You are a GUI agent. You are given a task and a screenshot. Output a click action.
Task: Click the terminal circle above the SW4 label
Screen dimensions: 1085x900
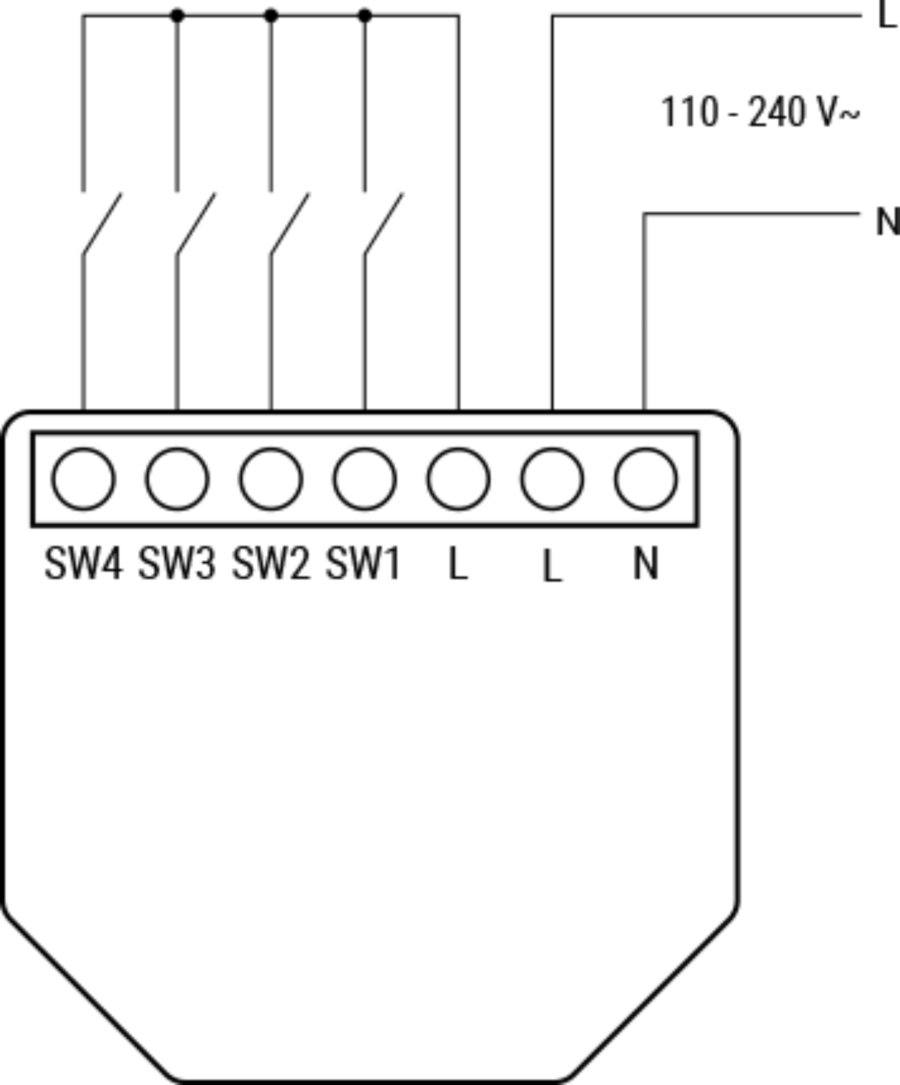84,479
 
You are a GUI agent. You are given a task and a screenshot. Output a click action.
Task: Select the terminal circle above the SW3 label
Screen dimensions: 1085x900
178,479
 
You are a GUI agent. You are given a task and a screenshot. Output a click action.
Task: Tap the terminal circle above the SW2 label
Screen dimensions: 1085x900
271,479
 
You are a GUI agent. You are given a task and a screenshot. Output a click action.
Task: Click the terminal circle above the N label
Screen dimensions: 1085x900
646,479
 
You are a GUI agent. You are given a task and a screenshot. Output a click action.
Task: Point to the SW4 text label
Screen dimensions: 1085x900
84,564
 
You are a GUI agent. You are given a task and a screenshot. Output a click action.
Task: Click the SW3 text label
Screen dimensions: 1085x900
177,564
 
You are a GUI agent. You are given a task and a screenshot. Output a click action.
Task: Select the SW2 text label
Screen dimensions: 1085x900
271,564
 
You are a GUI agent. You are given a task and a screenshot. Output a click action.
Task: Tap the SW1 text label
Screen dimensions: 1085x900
363,564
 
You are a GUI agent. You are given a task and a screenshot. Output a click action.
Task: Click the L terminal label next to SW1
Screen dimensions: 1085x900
458,564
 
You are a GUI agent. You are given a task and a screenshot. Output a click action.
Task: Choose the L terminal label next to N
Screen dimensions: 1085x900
552,566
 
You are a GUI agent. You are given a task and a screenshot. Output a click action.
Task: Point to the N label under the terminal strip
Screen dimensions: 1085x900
646,564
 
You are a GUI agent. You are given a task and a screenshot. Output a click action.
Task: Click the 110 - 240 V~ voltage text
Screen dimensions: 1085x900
760,111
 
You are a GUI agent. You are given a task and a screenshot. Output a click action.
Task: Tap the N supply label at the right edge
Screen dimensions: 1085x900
887,222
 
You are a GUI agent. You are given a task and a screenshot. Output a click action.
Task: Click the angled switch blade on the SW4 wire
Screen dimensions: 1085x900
102,223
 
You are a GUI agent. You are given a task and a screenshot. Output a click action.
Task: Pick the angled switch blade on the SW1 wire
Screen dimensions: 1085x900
383,223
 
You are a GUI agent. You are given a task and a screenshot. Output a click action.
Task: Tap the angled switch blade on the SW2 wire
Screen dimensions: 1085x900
290,223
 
